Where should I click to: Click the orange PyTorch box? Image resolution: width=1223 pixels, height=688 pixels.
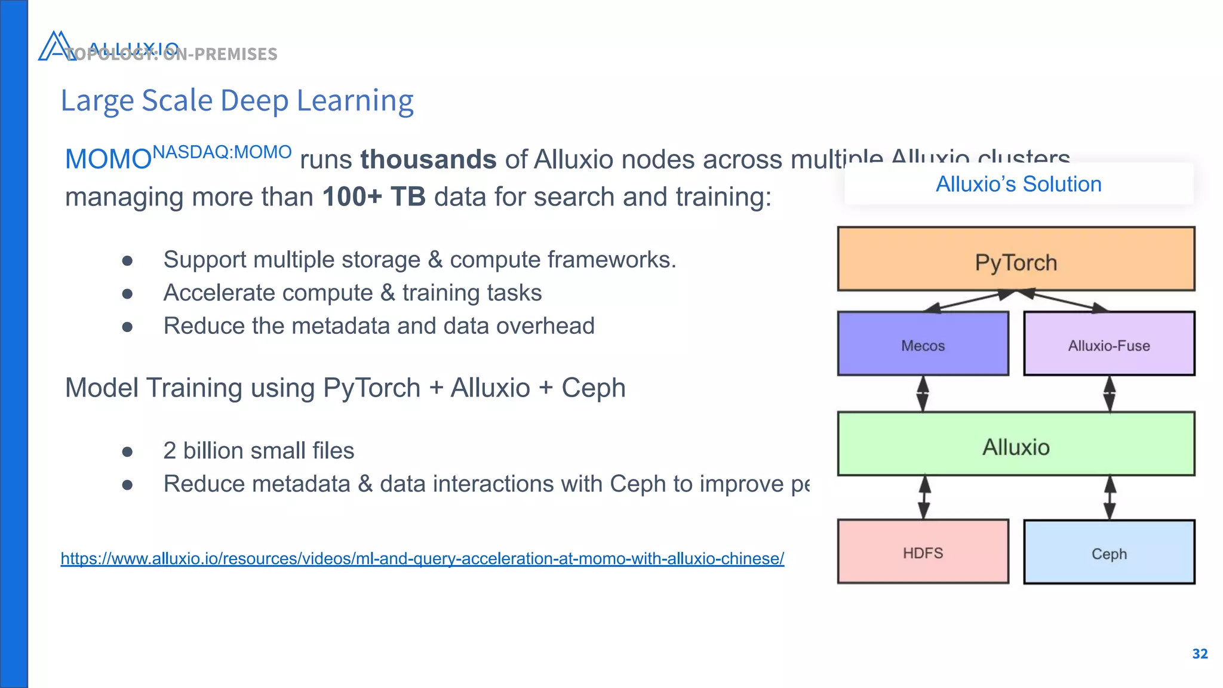click(x=1016, y=259)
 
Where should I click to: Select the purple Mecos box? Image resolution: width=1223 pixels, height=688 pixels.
click(x=923, y=344)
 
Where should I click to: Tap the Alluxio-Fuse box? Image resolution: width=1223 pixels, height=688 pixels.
click(x=1109, y=344)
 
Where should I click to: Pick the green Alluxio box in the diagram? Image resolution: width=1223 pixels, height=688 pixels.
click(x=1016, y=444)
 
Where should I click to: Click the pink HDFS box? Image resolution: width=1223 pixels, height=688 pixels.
click(x=923, y=552)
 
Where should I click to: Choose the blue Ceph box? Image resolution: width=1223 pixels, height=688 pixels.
click(x=1109, y=552)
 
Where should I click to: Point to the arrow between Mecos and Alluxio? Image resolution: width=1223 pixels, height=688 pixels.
click(x=923, y=394)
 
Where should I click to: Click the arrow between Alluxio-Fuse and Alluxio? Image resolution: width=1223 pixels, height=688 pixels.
click(x=1110, y=394)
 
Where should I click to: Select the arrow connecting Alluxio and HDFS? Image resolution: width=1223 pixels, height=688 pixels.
click(x=924, y=497)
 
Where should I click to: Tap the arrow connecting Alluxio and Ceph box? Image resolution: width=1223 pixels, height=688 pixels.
click(x=1110, y=497)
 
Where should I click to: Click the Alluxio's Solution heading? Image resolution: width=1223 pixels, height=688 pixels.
click(x=1018, y=184)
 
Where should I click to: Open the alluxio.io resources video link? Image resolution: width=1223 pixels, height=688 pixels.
click(x=422, y=559)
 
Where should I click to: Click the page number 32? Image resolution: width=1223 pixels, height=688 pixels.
click(x=1200, y=654)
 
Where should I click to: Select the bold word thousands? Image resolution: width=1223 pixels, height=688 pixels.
click(x=428, y=160)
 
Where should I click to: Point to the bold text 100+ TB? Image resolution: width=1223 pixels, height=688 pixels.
click(x=374, y=197)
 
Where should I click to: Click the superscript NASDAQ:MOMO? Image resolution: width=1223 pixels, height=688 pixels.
click(x=222, y=152)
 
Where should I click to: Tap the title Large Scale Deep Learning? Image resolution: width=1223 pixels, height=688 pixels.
click(x=237, y=100)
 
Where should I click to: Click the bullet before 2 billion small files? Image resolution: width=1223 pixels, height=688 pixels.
click(x=127, y=451)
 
